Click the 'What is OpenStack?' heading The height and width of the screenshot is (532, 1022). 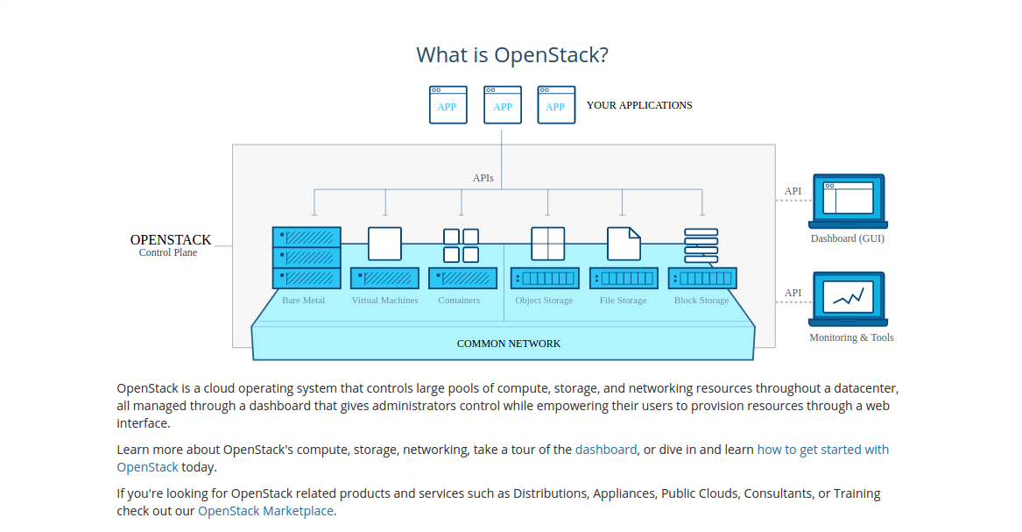[512, 54]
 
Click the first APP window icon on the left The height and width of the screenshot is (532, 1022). [448, 104]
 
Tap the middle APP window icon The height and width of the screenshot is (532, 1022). [503, 104]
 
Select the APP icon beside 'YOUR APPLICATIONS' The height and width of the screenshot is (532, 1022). [556, 104]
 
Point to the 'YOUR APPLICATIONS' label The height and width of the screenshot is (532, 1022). [639, 105]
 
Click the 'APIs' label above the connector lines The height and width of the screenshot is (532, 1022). [483, 178]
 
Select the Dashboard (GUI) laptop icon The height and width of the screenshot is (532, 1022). [848, 201]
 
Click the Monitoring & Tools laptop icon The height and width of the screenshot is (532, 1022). [848, 299]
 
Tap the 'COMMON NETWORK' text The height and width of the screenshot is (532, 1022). [509, 344]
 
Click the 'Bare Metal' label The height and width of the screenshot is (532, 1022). [303, 300]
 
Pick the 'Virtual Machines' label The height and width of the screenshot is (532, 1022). [384, 300]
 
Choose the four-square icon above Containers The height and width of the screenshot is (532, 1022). [461, 245]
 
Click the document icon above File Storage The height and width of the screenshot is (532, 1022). [624, 244]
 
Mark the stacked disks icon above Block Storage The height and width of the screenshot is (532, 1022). [701, 245]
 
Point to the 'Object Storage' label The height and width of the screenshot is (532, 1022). [544, 300]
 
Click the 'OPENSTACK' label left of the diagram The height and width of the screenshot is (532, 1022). [171, 240]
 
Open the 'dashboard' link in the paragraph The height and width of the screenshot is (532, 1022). [605, 450]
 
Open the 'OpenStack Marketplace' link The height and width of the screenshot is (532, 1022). [265, 511]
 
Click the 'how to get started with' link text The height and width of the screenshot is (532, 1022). [822, 450]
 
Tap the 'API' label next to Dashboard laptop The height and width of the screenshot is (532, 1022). [793, 191]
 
